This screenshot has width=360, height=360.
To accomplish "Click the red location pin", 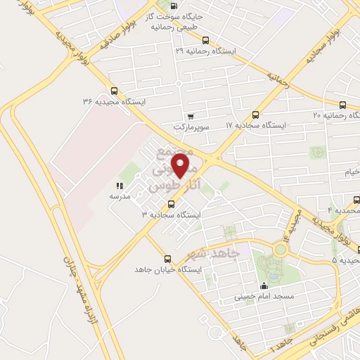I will (181, 165).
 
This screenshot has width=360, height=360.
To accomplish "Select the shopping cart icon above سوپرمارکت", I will (190, 117).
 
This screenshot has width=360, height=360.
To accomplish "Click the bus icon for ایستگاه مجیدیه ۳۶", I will (114, 90).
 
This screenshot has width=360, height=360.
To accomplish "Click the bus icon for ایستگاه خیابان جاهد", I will (167, 258).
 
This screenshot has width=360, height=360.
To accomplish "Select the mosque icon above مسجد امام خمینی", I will (264, 285).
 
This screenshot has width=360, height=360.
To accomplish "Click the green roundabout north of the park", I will (281, 249).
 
